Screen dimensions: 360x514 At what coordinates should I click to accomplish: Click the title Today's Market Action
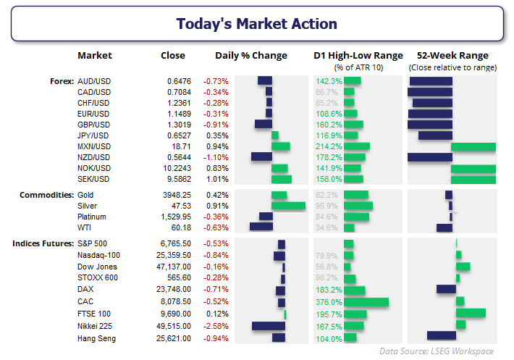[x=256, y=23]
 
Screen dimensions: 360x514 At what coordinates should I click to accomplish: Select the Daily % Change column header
[x=250, y=56]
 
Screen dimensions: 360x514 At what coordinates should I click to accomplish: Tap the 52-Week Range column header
[x=452, y=56]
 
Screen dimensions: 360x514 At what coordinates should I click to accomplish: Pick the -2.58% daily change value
[x=216, y=326]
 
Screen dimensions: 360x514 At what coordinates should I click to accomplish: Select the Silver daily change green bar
[x=288, y=206]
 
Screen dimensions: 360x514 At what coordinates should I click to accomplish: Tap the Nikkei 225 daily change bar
[x=268, y=326]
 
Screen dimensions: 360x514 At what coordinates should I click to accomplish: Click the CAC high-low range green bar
[x=366, y=302]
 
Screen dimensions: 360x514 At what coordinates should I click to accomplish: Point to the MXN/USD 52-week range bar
[x=473, y=146]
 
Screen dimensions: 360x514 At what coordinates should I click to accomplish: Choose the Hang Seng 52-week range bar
[x=441, y=335]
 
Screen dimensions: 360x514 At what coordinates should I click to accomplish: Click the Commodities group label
[x=46, y=195]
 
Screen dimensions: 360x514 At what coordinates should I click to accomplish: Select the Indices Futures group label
[x=43, y=243]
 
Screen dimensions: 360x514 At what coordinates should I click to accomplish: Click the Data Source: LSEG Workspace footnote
[x=437, y=351]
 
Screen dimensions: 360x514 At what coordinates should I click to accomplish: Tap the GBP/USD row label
[x=94, y=124]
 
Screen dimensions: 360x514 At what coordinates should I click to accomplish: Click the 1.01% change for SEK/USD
[x=217, y=179]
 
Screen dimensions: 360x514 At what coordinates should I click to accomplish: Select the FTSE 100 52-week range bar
[x=471, y=313]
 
